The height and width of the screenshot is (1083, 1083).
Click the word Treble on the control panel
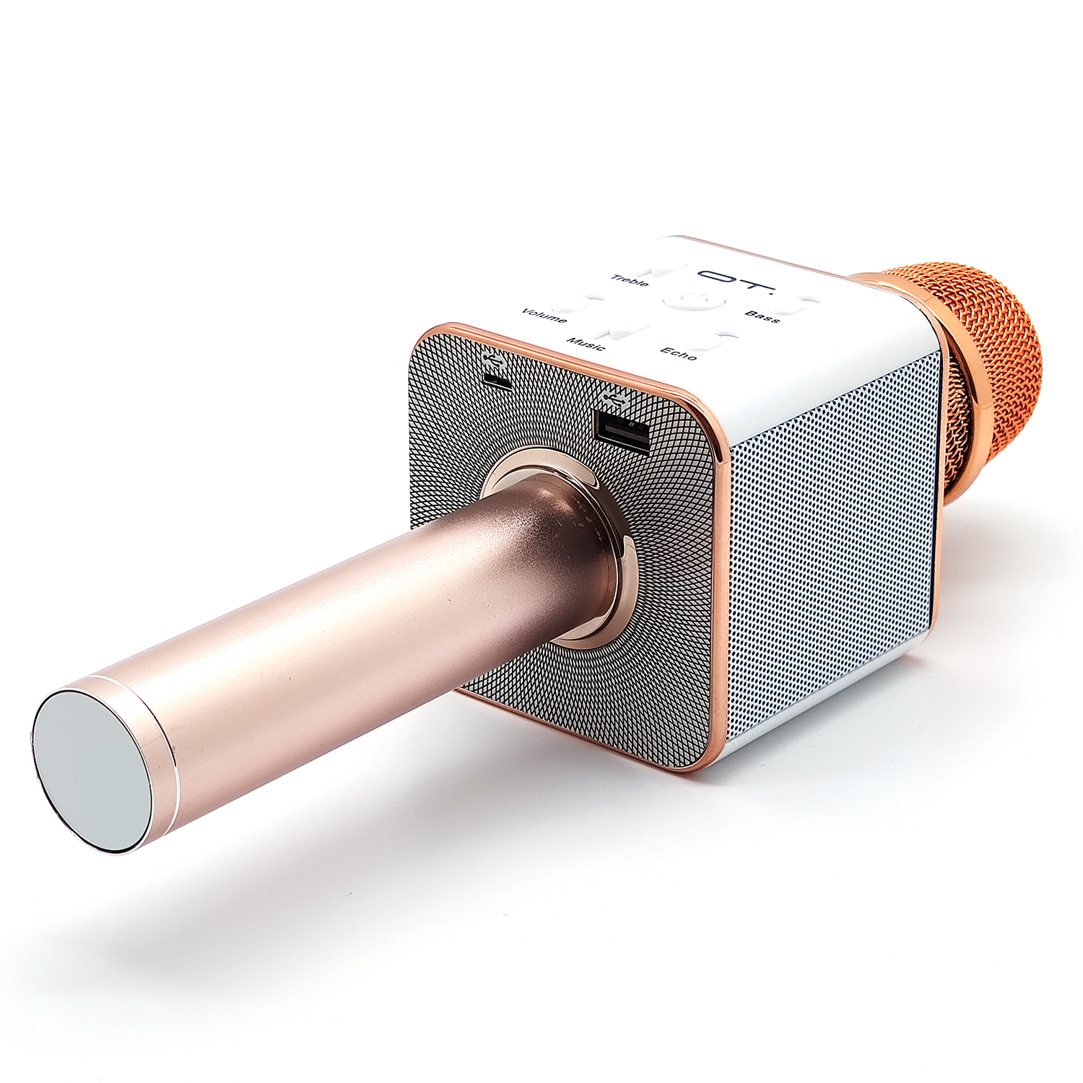click(x=630, y=280)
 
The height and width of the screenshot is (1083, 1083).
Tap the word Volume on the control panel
click(x=544, y=316)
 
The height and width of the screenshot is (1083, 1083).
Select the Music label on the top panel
click(x=586, y=343)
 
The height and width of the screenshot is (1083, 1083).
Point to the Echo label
click(x=679, y=353)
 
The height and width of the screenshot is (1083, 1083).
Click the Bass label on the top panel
click(x=762, y=316)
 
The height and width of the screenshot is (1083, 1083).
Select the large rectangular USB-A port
click(x=620, y=432)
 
